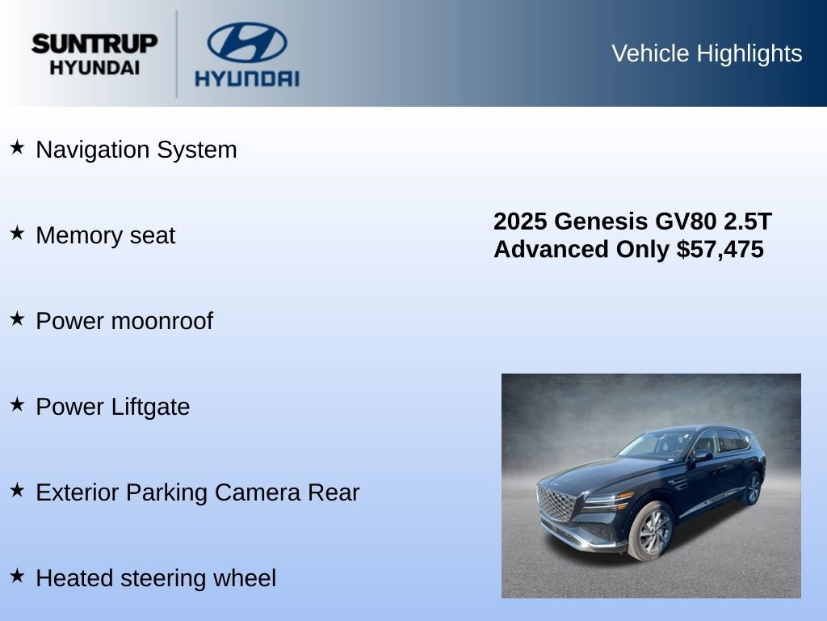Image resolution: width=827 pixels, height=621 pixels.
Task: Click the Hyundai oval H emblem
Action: (246, 42)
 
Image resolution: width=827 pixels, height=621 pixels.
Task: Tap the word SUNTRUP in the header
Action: (94, 44)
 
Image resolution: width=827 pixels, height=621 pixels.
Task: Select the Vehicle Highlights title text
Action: (707, 53)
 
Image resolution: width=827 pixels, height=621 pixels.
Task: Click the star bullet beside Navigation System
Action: (17, 147)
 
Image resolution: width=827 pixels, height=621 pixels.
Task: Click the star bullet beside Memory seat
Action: (17, 233)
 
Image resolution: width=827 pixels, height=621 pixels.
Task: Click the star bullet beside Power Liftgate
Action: (17, 404)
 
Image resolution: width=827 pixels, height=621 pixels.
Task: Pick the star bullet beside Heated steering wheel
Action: (17, 576)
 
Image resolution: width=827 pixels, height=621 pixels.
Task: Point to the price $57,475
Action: (720, 249)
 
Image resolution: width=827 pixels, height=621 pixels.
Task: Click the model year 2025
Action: (520, 222)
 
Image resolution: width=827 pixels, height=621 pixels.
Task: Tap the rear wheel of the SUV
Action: (752, 488)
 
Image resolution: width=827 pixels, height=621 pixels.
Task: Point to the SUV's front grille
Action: (556, 503)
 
